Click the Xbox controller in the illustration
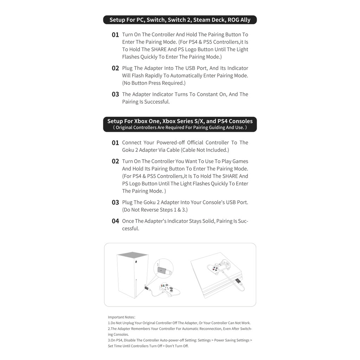[170, 290]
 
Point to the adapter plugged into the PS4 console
[238, 283]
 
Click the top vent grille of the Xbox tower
[133, 255]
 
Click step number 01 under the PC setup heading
[115, 35]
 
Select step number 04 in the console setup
[115, 221]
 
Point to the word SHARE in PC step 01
[159, 49]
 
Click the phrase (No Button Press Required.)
[154, 83]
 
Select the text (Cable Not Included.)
[205, 150]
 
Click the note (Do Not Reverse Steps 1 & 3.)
[155, 210]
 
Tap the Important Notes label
[121, 317]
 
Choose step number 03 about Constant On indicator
[115, 94]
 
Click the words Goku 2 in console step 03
[152, 202]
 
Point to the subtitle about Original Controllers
[180, 127]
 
